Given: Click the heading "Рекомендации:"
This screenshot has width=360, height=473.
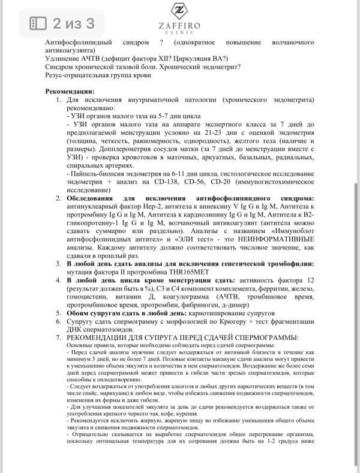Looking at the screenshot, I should [x=70, y=91].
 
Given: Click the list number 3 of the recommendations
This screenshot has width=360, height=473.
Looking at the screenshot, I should [x=58, y=264].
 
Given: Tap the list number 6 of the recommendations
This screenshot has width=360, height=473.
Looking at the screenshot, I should [x=58, y=321].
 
